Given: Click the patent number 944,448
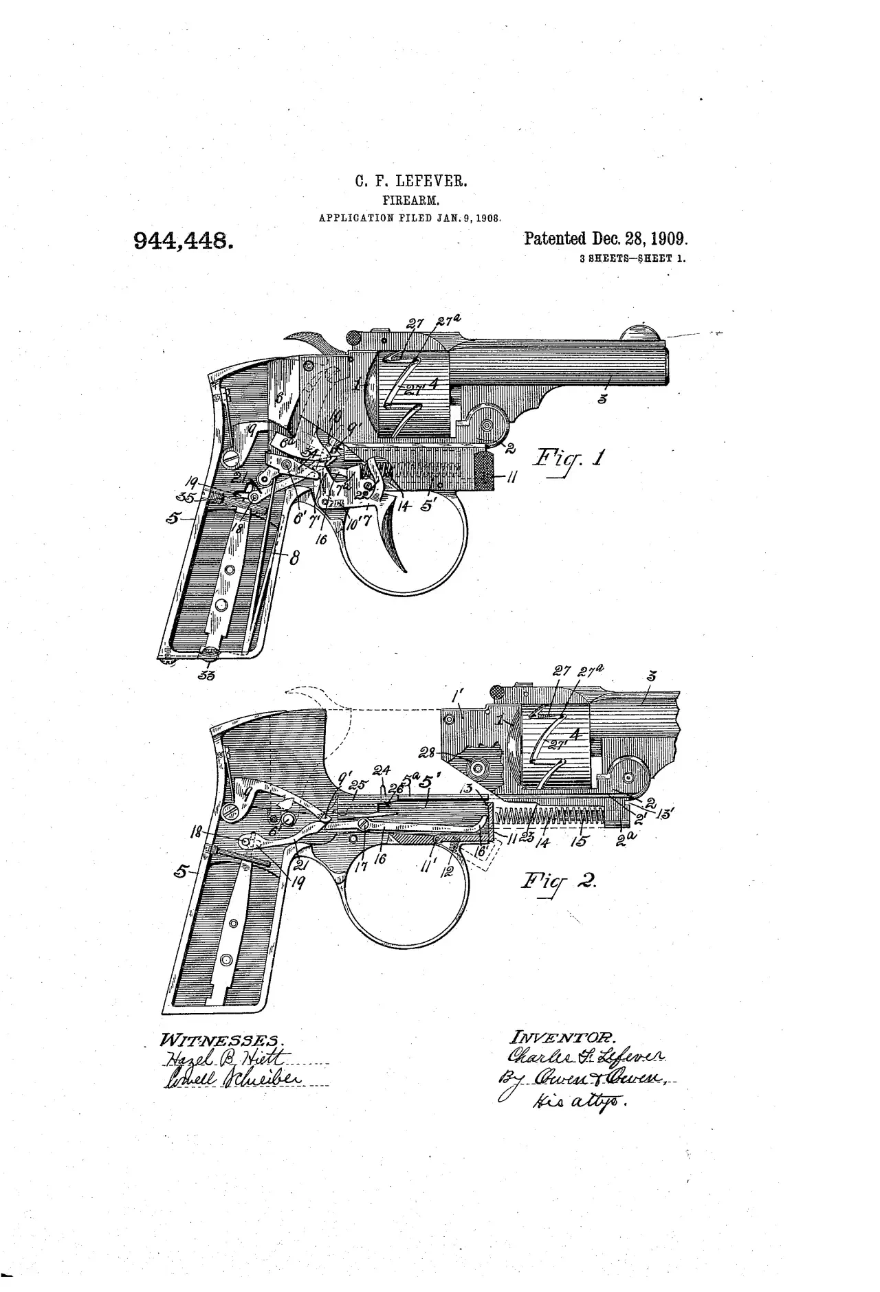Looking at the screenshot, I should coord(181,241).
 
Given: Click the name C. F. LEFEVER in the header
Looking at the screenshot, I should coord(411,182).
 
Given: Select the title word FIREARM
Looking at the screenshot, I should coord(411,201).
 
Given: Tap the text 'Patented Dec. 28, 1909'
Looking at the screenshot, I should coord(606,239).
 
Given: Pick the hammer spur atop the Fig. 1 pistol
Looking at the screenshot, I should coord(309,340).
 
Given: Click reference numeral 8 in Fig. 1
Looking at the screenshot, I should coord(294,558).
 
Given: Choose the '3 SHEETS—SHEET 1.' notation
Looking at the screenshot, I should coord(632,260).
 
